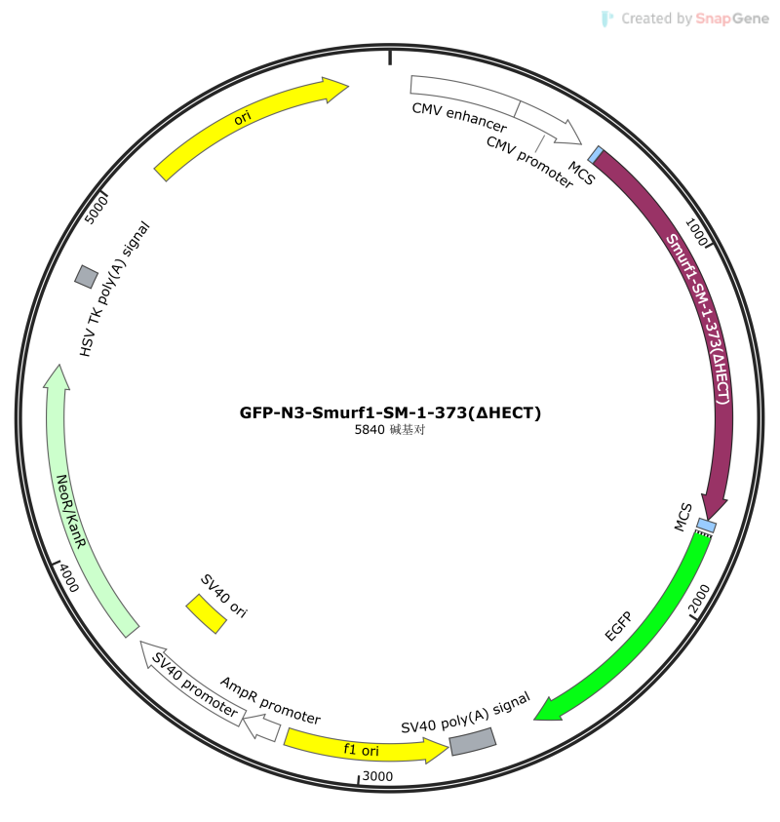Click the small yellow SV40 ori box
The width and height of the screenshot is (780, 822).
pyautogui.click(x=206, y=614)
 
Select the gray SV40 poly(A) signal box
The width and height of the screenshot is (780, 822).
pyautogui.click(x=472, y=741)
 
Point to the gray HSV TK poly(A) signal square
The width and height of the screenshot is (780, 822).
pyautogui.click(x=87, y=276)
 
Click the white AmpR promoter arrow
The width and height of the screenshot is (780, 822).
pyautogui.click(x=262, y=727)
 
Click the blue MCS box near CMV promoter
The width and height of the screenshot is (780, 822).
pyautogui.click(x=595, y=155)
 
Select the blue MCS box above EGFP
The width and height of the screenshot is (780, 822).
pyautogui.click(x=706, y=526)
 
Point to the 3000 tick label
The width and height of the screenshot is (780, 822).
pyautogui.click(x=377, y=776)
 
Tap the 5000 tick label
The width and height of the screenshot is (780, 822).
pyautogui.click(x=96, y=210)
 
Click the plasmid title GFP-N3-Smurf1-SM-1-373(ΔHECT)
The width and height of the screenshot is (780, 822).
pyautogui.click(x=390, y=413)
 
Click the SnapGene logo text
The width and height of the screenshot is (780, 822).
pyautogui.click(x=732, y=19)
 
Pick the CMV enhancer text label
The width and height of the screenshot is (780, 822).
pyautogui.click(x=459, y=117)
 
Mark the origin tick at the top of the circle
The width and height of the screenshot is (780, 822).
pyautogui.click(x=390, y=58)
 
